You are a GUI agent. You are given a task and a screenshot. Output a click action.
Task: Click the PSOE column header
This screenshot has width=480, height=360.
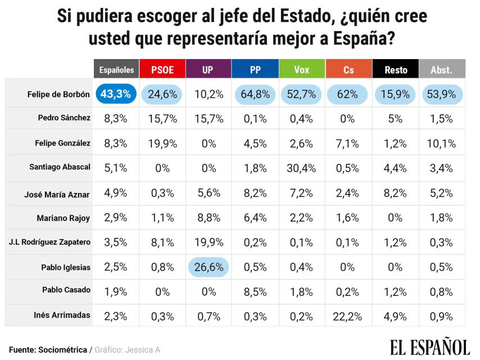coord(162,70)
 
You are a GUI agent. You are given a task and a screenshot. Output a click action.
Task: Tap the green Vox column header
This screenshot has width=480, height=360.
coord(302,70)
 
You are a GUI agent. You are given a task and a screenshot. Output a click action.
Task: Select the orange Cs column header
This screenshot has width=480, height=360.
coord(348,70)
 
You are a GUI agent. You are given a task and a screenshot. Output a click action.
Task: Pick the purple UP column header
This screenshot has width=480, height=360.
coord(209,70)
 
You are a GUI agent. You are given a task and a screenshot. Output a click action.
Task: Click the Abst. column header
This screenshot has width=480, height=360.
coord(441,70)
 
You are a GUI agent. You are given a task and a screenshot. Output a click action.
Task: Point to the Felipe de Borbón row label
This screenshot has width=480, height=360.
coord(58,94)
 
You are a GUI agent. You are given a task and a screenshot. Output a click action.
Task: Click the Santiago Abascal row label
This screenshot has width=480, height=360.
coord(60,167)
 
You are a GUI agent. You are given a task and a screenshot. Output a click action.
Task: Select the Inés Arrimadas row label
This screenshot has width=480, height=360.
coord(62,315)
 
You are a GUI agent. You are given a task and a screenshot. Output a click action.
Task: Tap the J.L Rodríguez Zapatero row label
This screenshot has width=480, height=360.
coord(49,242)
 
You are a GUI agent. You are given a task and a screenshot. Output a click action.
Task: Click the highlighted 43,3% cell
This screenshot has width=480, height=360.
coord(116,94)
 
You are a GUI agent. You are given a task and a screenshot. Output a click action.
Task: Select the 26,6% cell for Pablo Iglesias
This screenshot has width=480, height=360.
coord(209,267)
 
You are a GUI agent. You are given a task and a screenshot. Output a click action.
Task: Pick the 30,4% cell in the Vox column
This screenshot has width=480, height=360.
coord(302,168)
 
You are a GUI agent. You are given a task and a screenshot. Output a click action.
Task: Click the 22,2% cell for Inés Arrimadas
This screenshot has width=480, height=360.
coord(348,316)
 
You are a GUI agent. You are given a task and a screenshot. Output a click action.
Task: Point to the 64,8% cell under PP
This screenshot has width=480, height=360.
coord(255,94)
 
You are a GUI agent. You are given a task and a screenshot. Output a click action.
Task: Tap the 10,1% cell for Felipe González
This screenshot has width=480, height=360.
coord(441,143)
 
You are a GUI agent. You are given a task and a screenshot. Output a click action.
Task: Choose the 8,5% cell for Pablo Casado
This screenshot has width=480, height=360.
coord(255,291)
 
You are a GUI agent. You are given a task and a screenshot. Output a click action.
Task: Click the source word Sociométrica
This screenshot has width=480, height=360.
coord(63,350)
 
